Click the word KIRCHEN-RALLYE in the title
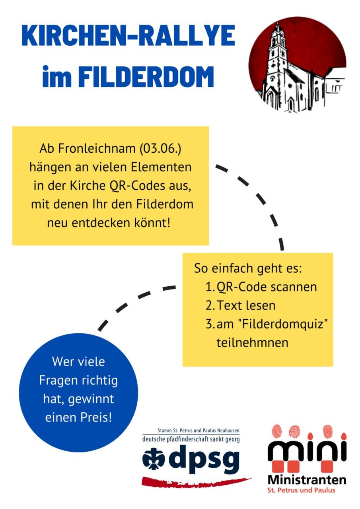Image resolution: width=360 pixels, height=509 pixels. (x=128, y=36)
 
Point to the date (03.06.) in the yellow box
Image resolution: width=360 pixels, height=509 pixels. (x=160, y=149)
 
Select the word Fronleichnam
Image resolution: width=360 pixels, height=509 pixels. (x=97, y=149)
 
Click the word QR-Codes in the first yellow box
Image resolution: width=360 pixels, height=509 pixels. (x=137, y=186)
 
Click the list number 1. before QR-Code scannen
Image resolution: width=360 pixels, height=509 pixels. (x=210, y=287)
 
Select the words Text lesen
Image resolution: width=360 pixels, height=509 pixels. (x=246, y=305)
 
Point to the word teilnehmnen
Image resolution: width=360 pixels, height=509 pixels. (x=252, y=342)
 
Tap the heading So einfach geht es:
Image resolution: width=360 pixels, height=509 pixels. (x=248, y=268)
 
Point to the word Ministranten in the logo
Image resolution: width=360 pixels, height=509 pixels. (x=307, y=480)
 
